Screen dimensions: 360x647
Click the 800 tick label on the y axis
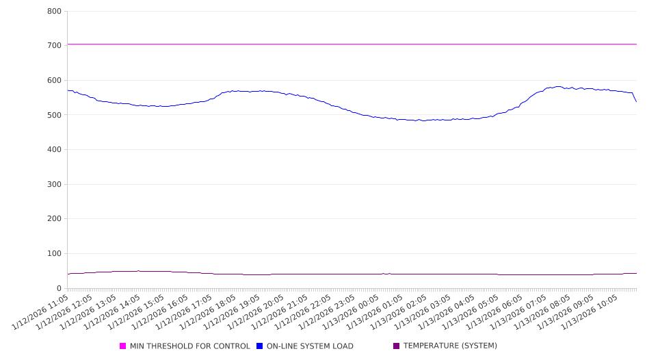pyautogui.click(x=55, y=11)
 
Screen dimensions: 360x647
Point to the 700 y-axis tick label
pyautogui.click(x=55, y=45)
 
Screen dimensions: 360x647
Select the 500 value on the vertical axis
pyautogui.click(x=55, y=115)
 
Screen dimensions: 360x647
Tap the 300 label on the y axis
pyautogui.click(x=55, y=184)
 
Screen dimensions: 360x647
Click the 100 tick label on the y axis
pyautogui.click(x=55, y=253)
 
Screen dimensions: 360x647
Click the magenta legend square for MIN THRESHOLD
pyautogui.click(x=123, y=346)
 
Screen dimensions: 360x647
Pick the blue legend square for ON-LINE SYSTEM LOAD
pyautogui.click(x=260, y=346)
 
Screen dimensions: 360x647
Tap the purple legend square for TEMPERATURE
pyautogui.click(x=397, y=346)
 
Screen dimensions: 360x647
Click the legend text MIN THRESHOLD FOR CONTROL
pyautogui.click(x=189, y=346)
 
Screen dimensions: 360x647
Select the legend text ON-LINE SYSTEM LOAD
pyautogui.click(x=310, y=346)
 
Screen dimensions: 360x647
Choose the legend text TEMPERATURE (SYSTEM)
pyautogui.click(x=450, y=346)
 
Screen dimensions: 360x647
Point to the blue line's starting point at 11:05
pyautogui.click(x=68, y=90)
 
